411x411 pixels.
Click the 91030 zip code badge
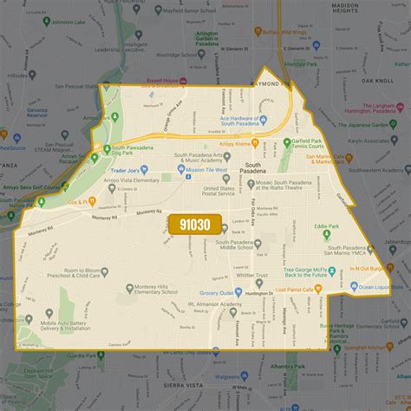pos(193,224)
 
